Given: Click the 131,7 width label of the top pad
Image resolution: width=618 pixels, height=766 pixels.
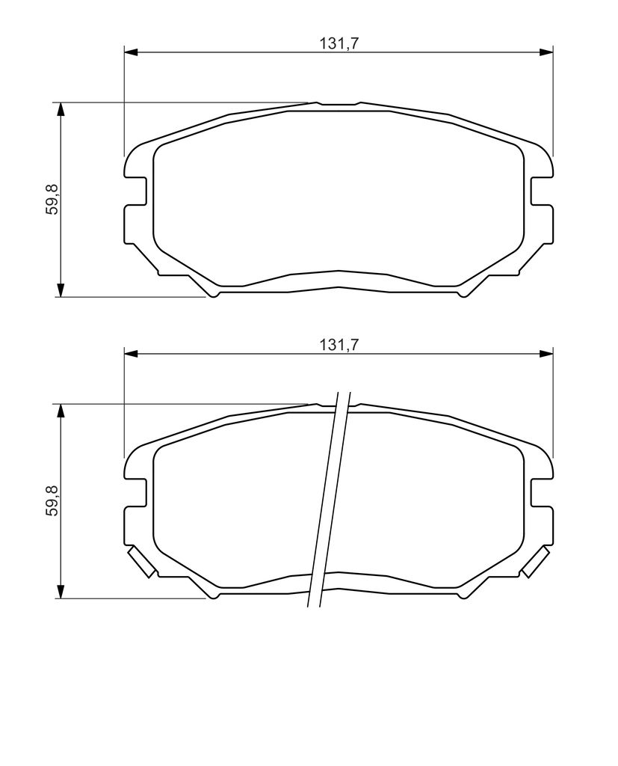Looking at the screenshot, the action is (x=339, y=43).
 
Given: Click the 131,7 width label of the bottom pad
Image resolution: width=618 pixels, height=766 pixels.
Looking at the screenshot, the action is (x=339, y=345).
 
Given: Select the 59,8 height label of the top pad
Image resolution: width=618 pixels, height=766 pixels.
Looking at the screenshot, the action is (x=52, y=199).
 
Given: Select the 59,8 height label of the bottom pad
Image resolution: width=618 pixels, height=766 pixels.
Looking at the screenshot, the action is (x=52, y=500).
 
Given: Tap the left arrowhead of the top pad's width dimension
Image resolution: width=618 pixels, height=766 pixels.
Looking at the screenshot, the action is (x=132, y=52).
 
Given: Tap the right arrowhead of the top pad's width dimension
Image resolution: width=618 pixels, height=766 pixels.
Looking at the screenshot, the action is (x=546, y=52).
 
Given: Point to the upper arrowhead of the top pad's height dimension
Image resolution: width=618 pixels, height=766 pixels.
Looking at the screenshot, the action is (x=61, y=109).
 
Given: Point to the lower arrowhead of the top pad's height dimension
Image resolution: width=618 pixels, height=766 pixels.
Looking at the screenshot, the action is (x=61, y=289).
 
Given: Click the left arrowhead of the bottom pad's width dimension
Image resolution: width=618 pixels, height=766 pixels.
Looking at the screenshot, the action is (x=132, y=353).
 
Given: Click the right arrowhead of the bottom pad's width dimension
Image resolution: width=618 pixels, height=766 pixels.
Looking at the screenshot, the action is (x=546, y=353).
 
